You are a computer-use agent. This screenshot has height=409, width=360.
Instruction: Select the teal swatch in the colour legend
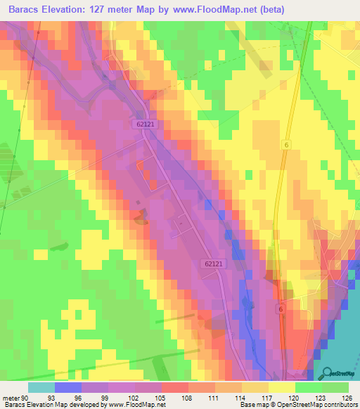pos(41,387)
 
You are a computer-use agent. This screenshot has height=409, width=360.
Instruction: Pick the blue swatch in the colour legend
pos(67,387)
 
